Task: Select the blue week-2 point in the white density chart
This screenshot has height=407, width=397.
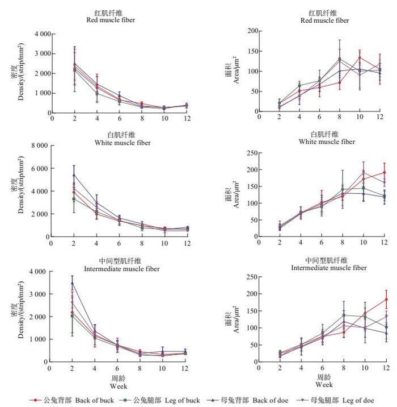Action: (x=74, y=175)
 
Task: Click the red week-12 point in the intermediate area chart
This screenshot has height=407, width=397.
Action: (x=386, y=299)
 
